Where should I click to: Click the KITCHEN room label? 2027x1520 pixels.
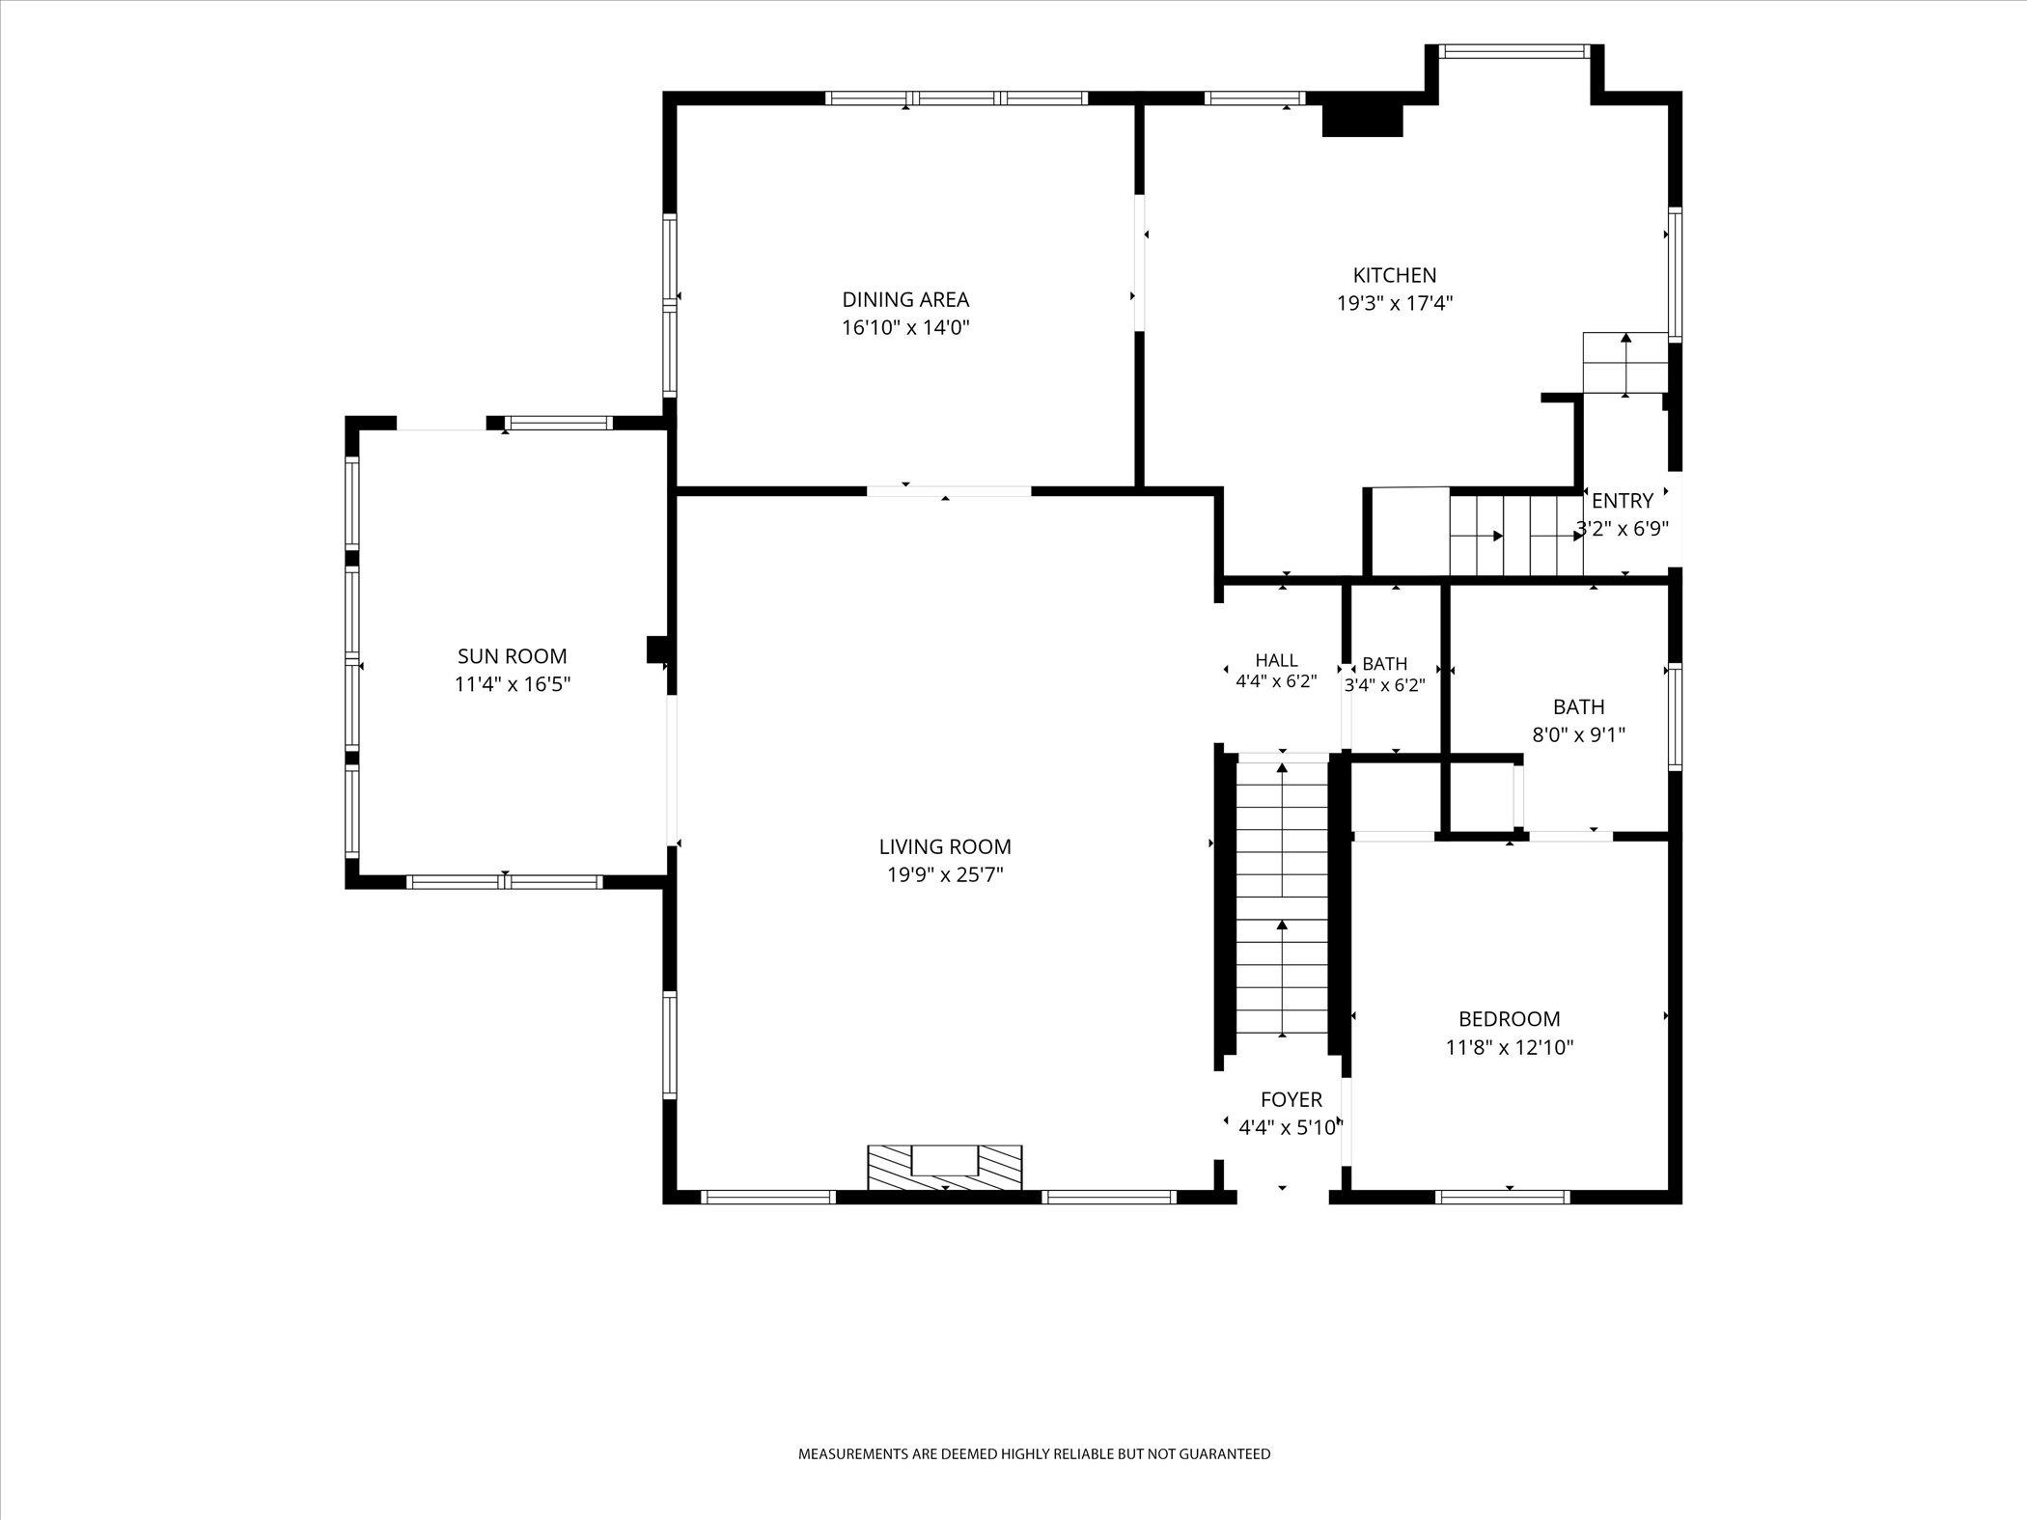(1395, 275)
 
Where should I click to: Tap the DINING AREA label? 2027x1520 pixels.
(905, 299)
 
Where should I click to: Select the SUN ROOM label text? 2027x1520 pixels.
(512, 656)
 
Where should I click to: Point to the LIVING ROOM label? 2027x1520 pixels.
(945, 846)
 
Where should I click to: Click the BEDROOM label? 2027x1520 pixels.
(1509, 1018)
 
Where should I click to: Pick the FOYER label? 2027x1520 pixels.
(1291, 1099)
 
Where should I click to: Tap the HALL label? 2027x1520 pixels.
(1276, 660)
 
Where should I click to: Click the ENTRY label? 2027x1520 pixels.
(1623, 501)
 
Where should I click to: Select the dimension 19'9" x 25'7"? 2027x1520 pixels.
(945, 875)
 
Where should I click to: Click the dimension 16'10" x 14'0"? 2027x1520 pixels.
(905, 327)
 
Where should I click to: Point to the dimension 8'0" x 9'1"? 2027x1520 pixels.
(1579, 734)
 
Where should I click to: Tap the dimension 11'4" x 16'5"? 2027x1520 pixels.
(513, 684)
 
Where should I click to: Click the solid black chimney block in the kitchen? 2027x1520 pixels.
(1361, 119)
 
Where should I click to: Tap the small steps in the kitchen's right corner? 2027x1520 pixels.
(1625, 363)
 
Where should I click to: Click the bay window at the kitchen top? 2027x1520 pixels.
(1513, 51)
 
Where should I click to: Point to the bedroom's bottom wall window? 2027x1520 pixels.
(1502, 1197)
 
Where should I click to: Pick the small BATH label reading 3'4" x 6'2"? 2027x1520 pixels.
(1385, 675)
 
